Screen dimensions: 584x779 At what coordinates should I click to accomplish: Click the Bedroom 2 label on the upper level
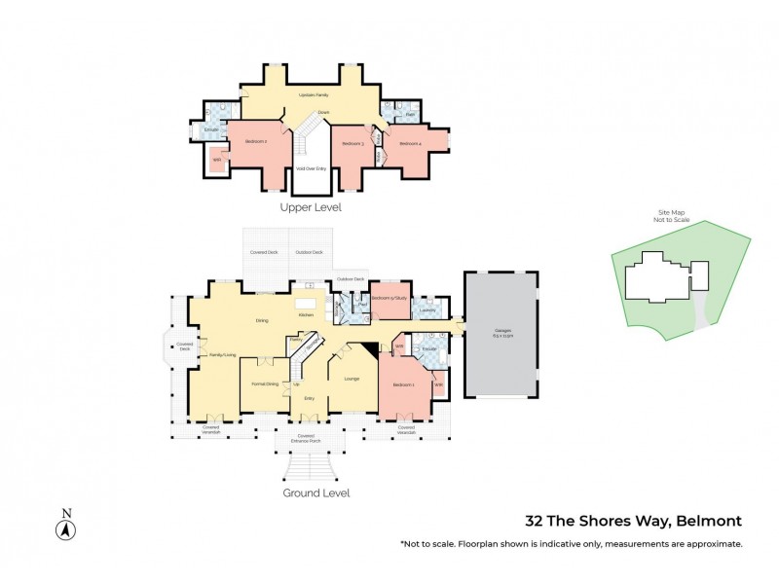pyautogui.click(x=257, y=142)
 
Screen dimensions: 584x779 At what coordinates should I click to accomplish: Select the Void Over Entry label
pyautogui.click(x=312, y=168)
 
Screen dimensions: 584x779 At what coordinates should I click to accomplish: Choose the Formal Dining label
pyautogui.click(x=265, y=384)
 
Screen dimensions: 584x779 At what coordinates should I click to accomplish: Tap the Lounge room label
pyautogui.click(x=351, y=379)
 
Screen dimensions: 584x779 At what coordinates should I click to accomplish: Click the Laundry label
pyautogui.click(x=427, y=310)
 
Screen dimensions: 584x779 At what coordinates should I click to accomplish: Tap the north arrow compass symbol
pyautogui.click(x=65, y=529)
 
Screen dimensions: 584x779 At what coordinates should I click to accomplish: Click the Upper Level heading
pyautogui.click(x=311, y=207)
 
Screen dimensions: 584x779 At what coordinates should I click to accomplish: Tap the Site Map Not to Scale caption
pyautogui.click(x=671, y=217)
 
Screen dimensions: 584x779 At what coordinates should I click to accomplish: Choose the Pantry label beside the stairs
pyautogui.click(x=293, y=339)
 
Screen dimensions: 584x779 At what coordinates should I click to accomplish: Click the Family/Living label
pyautogui.click(x=223, y=355)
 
